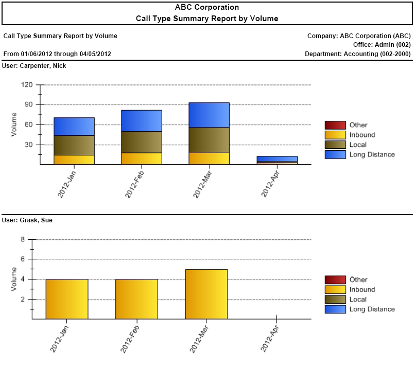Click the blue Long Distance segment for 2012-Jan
pyautogui.click(x=74, y=126)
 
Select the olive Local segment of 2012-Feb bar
pyautogui.click(x=142, y=142)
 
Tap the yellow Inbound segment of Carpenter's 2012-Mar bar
pyautogui.click(x=209, y=158)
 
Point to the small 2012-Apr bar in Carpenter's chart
pyautogui.click(x=277, y=160)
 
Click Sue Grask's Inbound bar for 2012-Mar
pyautogui.click(x=206, y=294)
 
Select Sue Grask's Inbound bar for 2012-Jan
pyautogui.click(x=67, y=299)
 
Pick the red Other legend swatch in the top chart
pyautogui.click(x=335, y=125)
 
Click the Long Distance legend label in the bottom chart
pyautogui.click(x=372, y=309)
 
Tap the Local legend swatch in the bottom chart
pyautogui.click(x=335, y=300)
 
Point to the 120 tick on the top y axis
pyautogui.click(x=27, y=85)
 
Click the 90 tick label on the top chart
pyautogui.click(x=28, y=104)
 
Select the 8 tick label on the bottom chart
pyautogui.click(x=23, y=239)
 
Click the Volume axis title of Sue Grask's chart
pyautogui.click(x=13, y=279)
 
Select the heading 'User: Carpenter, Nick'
pyautogui.click(x=34, y=66)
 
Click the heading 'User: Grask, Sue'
pyautogui.click(x=27, y=220)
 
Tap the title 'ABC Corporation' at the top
pyautogui.click(x=207, y=7)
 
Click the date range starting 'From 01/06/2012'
pyautogui.click(x=57, y=54)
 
